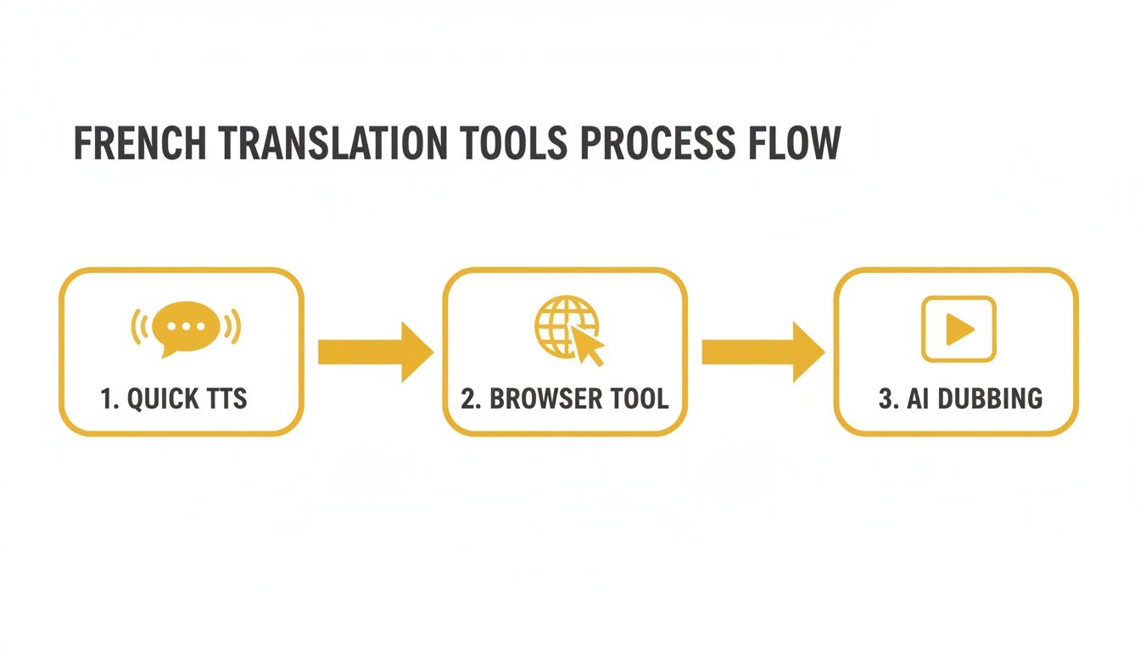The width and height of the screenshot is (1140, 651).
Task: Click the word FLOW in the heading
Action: point(794,143)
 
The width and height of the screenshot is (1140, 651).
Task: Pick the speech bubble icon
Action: point(186,327)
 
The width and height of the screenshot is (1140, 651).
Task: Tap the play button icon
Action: point(958,329)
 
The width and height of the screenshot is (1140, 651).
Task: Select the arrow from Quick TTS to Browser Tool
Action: point(374,352)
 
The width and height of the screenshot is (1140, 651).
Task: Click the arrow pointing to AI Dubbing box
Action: point(761,352)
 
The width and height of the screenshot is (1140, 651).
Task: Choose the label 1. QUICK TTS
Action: point(173,398)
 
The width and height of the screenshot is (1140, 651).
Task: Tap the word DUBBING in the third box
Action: point(988,398)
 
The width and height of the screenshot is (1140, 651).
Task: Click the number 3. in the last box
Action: point(887,398)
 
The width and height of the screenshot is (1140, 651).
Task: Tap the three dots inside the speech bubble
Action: point(185,325)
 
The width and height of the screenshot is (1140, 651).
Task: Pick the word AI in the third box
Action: point(917,398)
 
